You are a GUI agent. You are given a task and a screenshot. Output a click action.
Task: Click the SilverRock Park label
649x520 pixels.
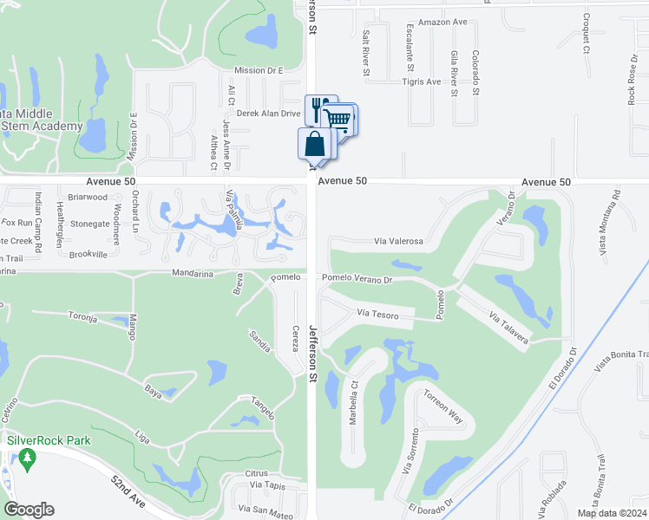click(x=49, y=440)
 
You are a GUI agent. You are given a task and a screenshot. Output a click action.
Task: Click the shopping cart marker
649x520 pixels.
click(x=338, y=118)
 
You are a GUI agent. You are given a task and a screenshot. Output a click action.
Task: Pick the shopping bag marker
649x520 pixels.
click(x=313, y=144)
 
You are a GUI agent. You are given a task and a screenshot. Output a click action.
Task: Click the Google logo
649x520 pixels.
click(x=29, y=510)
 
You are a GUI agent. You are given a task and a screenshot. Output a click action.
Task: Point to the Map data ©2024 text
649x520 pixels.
click(x=612, y=513)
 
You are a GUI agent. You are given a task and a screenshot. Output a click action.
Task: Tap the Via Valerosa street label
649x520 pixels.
click(x=398, y=242)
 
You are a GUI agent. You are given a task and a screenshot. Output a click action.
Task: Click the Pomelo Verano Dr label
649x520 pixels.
click(x=357, y=279)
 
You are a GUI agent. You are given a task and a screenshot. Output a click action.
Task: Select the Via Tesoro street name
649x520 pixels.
click(x=377, y=315)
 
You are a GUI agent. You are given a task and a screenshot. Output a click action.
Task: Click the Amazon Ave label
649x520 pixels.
click(x=442, y=23)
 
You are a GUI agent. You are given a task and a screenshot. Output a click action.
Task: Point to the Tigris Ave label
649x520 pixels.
click(x=421, y=82)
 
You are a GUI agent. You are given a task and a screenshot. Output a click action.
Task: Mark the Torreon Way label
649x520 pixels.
click(x=443, y=406)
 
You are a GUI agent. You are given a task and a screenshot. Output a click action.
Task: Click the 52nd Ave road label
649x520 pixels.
click(x=128, y=491)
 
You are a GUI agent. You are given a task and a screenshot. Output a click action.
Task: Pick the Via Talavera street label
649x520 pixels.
click(x=508, y=328)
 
